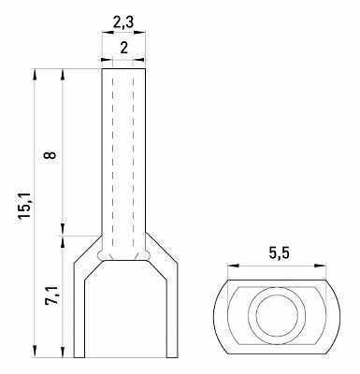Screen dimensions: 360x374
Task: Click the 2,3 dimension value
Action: point(123,23)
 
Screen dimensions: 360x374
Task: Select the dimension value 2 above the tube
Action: point(124,49)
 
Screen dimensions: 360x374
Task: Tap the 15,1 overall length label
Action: point(24,205)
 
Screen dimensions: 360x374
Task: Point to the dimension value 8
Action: point(50,155)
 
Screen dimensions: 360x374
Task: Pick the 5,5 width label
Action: point(279,253)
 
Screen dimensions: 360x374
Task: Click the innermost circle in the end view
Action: point(277,316)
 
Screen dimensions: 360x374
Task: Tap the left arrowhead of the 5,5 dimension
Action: point(233,266)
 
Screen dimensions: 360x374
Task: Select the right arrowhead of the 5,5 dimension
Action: point(320,266)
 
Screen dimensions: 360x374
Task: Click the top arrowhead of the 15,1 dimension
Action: point(35,75)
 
